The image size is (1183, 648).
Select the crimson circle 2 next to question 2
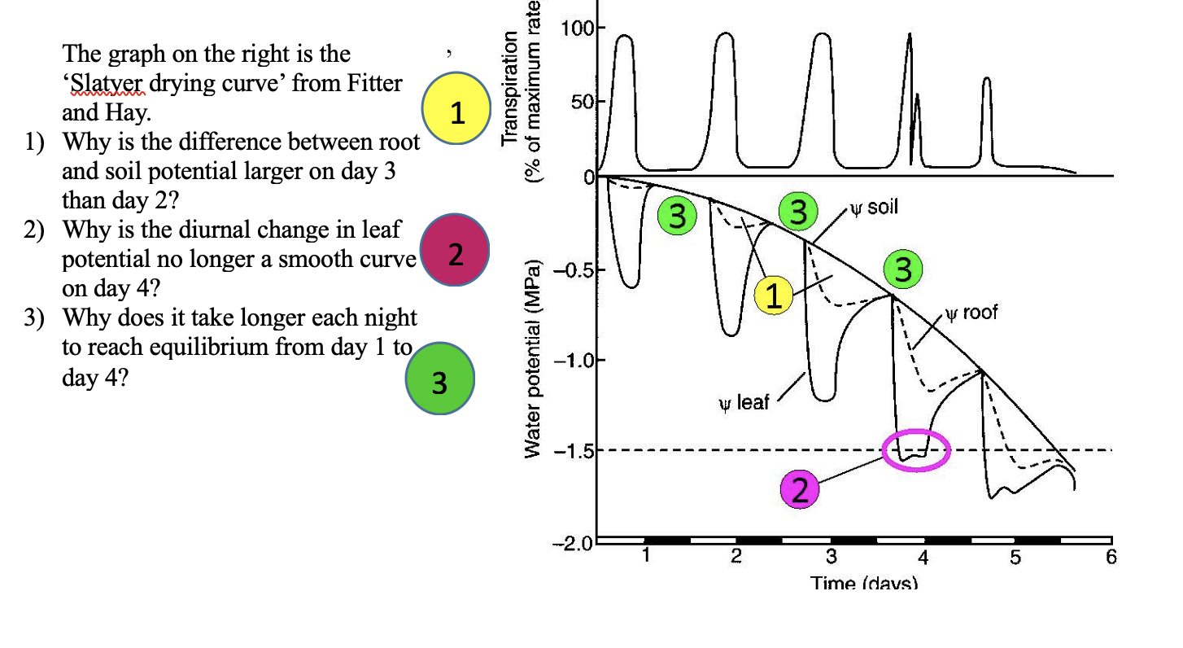[x=456, y=255]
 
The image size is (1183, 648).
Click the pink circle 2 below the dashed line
[x=799, y=490]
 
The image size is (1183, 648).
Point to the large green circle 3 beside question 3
[x=439, y=381]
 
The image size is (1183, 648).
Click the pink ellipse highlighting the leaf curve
[x=917, y=451]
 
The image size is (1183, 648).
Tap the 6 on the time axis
[x=1111, y=558]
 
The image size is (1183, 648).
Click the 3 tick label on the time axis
[x=831, y=558]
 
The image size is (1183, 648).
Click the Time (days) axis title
[x=863, y=583]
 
